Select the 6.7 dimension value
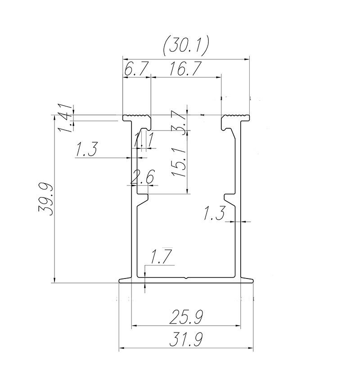(x=134, y=69)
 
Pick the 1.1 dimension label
(x=144, y=141)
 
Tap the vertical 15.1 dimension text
(x=180, y=162)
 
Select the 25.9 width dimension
(x=185, y=318)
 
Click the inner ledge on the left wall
(x=143, y=198)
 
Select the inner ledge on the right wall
(x=229, y=198)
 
